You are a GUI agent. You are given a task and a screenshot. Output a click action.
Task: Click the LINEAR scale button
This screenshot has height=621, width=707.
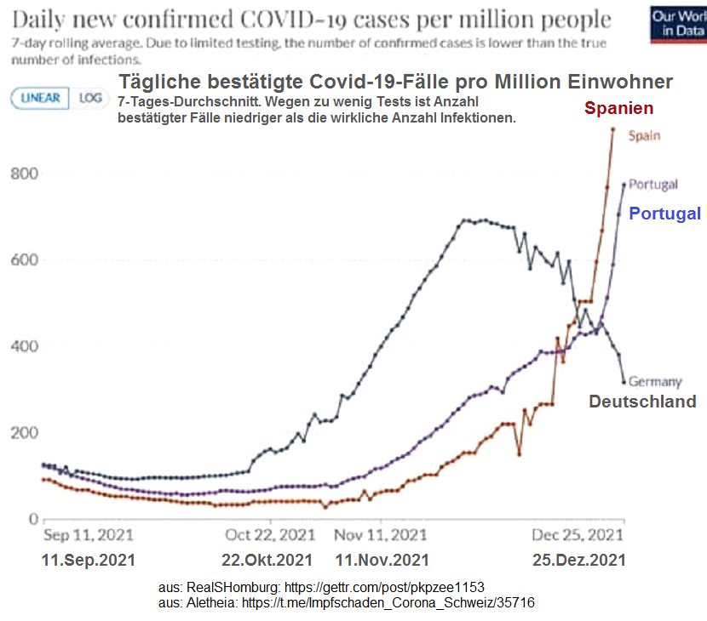(40, 98)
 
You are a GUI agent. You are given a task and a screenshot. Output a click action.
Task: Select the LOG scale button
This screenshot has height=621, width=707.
(89, 98)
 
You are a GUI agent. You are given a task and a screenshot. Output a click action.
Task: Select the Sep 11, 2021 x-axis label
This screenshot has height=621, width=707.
(89, 535)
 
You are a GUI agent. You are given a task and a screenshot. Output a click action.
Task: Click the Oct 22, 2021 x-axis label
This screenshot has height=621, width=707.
(270, 535)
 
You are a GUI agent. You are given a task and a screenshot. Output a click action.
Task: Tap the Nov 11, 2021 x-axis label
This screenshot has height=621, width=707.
(381, 535)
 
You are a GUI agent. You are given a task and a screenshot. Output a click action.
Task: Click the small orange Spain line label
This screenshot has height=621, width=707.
(644, 135)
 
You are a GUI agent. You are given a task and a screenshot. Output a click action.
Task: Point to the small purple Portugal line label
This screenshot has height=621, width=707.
(652, 185)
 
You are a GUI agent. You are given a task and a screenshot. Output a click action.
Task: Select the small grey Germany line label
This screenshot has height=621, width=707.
(655, 382)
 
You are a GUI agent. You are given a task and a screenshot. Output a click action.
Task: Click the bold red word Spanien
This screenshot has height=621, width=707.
(618, 108)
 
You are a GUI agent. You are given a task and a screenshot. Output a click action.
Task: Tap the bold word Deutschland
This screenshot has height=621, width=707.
(642, 402)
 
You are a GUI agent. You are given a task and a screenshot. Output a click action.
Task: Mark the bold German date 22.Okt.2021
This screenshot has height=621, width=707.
(267, 561)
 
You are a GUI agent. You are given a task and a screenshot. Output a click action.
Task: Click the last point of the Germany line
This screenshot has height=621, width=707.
(624, 381)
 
